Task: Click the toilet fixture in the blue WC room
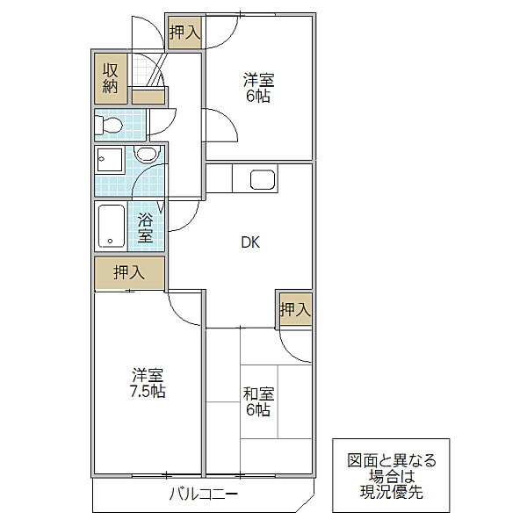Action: (108, 126)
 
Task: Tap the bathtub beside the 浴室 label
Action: (112, 227)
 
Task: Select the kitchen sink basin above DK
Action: (263, 179)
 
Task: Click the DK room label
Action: (250, 242)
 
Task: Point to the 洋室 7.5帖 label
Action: (148, 383)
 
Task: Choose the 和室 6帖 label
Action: (258, 402)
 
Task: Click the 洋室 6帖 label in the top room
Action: (258, 88)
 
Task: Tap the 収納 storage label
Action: (111, 78)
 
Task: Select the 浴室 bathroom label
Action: (145, 227)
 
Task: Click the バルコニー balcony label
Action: (204, 494)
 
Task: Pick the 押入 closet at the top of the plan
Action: (184, 32)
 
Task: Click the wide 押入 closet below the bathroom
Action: (129, 272)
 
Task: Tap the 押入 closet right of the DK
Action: (295, 309)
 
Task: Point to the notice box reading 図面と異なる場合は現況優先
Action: (391, 475)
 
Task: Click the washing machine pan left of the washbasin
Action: (110, 160)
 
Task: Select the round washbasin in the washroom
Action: (145, 155)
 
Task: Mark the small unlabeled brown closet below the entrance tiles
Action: (148, 97)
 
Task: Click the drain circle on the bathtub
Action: (111, 241)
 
